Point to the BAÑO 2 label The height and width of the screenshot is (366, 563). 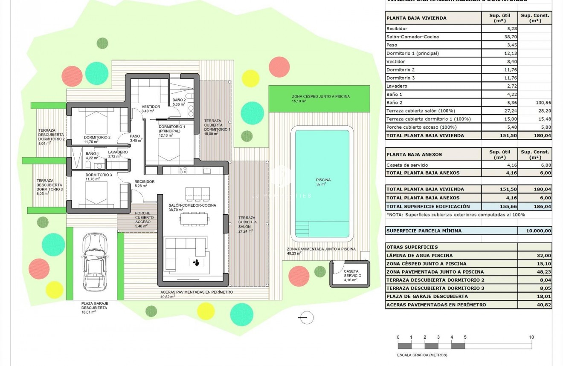point(179,100)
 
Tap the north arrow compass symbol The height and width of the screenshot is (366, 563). point(306,317)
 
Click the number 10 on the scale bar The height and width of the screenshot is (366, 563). point(531,337)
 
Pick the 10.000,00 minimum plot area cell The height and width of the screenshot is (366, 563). point(534,231)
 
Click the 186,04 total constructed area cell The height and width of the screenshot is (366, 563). point(534,206)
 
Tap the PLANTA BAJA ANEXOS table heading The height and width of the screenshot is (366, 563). point(414,154)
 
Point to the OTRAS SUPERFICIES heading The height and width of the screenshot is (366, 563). point(412,247)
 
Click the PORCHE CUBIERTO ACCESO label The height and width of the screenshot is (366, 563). point(144,217)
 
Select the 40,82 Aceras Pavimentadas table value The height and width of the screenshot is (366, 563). point(534,305)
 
